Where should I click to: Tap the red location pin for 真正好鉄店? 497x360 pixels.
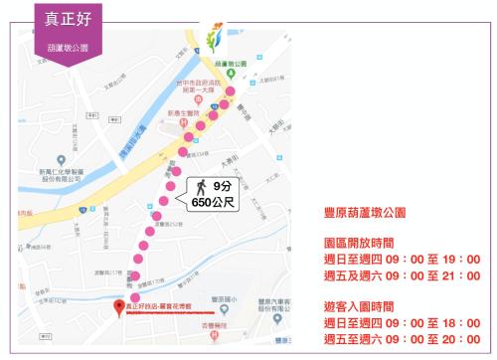click(x=119, y=306)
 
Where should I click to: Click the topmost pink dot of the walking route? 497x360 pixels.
click(x=231, y=91)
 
